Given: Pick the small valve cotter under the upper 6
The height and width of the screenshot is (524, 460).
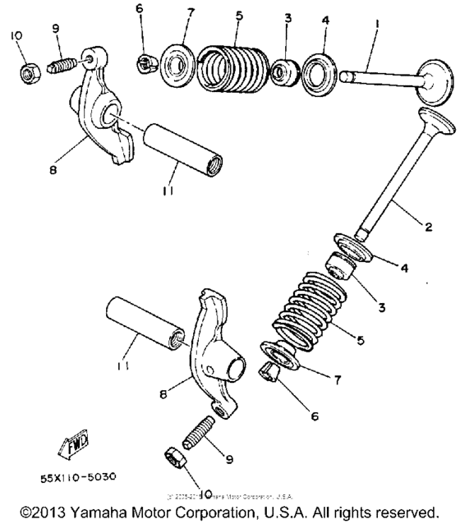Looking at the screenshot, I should [x=144, y=62].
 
